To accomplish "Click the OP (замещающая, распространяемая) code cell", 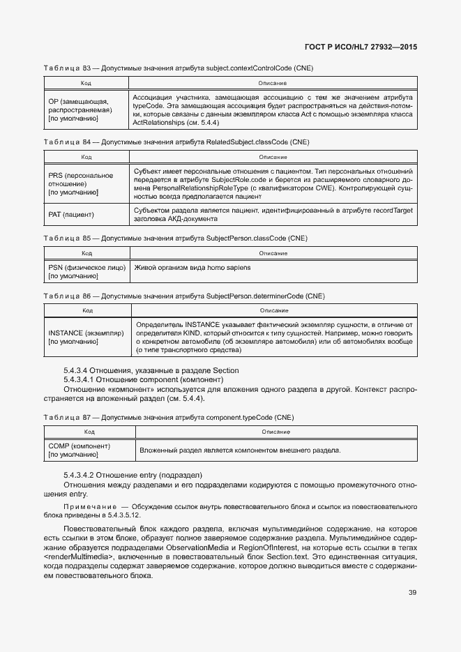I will coord(77,110).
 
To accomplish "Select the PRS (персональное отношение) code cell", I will coord(80,183).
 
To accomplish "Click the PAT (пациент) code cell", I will coord(71,214).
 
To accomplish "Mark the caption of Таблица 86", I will coord(183,296).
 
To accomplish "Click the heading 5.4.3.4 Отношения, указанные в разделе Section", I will coord(151,370).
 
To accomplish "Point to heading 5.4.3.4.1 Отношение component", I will coord(143,379).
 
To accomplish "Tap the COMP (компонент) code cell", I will coord(79,450).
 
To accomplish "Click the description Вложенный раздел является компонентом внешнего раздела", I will coord(240,450).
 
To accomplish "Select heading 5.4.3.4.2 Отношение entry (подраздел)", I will coord(133,475).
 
